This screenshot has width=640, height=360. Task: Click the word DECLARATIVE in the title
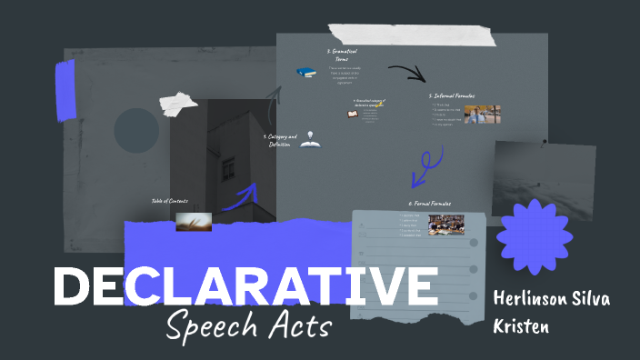tap(245, 286)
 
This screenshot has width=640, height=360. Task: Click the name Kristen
tap(523, 325)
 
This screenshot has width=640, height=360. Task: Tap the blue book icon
tap(305, 72)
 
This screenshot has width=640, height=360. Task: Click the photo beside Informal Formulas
tap(482, 115)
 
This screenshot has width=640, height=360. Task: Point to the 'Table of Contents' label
tap(169, 201)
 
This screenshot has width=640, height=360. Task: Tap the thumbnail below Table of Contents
tap(194, 221)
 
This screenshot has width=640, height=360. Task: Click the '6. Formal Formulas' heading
tap(429, 204)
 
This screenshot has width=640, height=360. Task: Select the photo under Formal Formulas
tap(445, 225)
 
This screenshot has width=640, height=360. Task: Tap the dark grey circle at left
tap(136, 130)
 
